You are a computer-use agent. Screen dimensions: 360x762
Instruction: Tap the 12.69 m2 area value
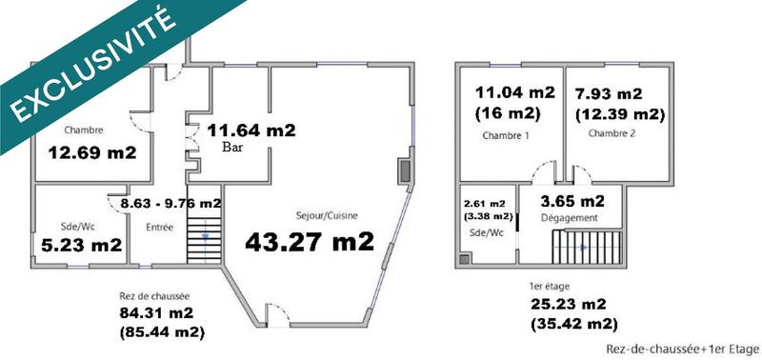pyautogui.click(x=92, y=152)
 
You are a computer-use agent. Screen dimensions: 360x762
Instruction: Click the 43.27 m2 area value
pyautogui.click(x=310, y=242)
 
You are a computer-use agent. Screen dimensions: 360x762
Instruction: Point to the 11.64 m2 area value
pyautogui.click(x=252, y=130)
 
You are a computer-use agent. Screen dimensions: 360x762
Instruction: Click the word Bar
pyautogui.click(x=233, y=149)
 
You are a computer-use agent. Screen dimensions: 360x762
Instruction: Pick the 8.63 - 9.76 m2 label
pyautogui.click(x=164, y=203)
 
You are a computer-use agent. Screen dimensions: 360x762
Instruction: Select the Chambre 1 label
pyautogui.click(x=506, y=135)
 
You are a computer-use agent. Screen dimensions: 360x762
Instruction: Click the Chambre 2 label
pyautogui.click(x=612, y=133)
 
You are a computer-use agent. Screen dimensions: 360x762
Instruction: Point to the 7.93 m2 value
pyautogui.click(x=609, y=94)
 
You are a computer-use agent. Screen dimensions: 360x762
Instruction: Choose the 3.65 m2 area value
pyautogui.click(x=572, y=201)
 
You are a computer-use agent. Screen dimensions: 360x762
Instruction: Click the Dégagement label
pyautogui.click(x=569, y=218)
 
